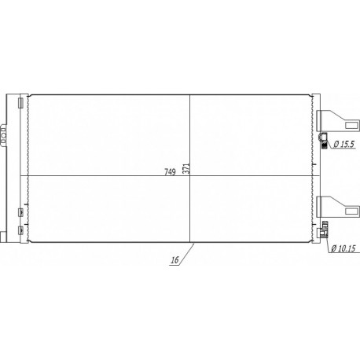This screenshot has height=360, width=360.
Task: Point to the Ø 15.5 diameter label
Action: click(x=343, y=144)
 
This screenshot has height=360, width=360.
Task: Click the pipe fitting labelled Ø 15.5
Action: click(x=323, y=141)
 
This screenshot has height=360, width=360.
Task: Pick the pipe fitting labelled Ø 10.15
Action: click(x=323, y=231)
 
